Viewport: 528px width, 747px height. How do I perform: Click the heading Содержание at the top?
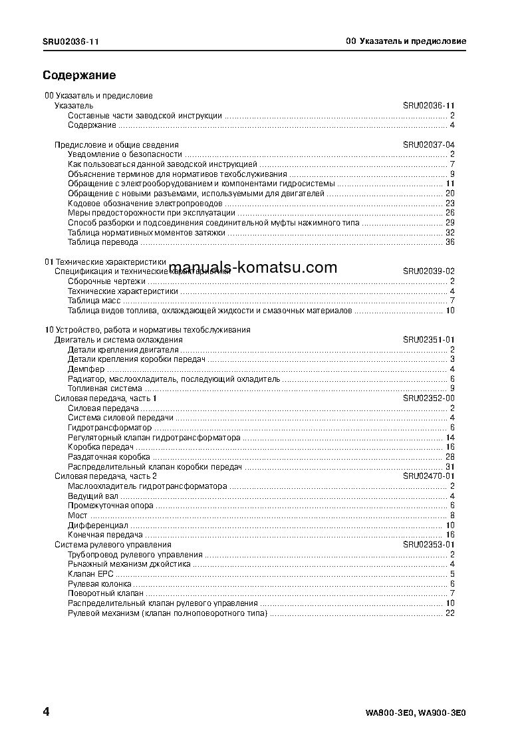79,75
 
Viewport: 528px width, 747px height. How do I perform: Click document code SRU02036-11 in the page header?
71,41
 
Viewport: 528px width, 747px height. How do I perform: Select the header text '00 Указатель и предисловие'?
406,41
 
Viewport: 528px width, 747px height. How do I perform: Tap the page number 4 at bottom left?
46,712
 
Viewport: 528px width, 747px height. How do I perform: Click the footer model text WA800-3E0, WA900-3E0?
416,714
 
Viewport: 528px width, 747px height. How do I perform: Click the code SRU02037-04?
428,144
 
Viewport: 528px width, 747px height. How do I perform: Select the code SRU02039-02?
428,271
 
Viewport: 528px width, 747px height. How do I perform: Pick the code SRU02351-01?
428,339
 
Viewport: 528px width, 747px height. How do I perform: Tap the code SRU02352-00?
428,398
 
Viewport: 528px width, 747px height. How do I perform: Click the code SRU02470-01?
428,476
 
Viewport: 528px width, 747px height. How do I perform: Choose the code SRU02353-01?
428,545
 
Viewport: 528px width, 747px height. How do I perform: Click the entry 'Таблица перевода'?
102,242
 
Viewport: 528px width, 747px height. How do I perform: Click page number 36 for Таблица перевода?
450,242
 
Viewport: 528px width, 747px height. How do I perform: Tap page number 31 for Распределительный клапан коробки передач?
450,466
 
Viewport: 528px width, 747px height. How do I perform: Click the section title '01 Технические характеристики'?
105,262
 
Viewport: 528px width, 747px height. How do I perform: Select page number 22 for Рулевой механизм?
450,613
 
